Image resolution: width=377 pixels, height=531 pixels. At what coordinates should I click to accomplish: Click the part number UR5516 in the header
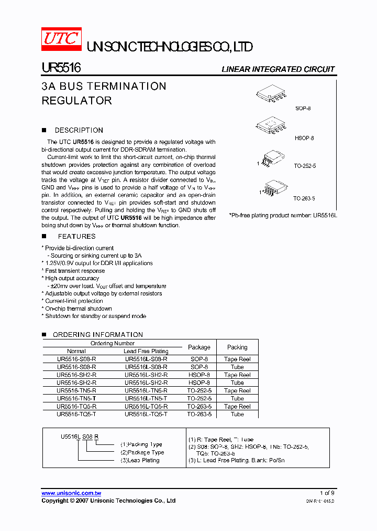(x=60, y=68)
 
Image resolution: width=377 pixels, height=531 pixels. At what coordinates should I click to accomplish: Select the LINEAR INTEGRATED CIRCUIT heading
(x=278, y=69)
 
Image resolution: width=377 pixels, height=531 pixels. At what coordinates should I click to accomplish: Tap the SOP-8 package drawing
(x=271, y=93)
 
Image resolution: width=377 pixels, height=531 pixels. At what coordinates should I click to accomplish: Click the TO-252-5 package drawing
(x=273, y=158)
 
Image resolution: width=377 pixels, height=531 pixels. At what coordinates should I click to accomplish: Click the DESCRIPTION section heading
(x=79, y=130)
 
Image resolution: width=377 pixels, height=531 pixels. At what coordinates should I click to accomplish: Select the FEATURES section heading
(x=76, y=237)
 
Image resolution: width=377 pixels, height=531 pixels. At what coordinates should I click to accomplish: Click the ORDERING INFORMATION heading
(x=97, y=335)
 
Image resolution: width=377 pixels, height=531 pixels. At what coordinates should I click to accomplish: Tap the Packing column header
(x=237, y=347)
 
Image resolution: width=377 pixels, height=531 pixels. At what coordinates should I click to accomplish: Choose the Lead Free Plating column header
(x=146, y=351)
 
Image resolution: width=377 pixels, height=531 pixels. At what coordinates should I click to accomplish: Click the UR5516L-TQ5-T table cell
(x=146, y=414)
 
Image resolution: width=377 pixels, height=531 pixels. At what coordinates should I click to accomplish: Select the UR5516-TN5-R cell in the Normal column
(x=76, y=390)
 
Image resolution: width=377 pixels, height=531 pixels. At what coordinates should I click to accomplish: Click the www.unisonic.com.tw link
(x=71, y=493)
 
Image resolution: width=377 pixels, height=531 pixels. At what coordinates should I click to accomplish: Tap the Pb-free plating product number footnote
(x=282, y=215)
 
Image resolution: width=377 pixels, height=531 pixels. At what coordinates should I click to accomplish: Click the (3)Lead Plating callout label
(x=140, y=460)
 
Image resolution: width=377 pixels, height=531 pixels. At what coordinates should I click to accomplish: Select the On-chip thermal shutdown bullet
(x=78, y=309)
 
